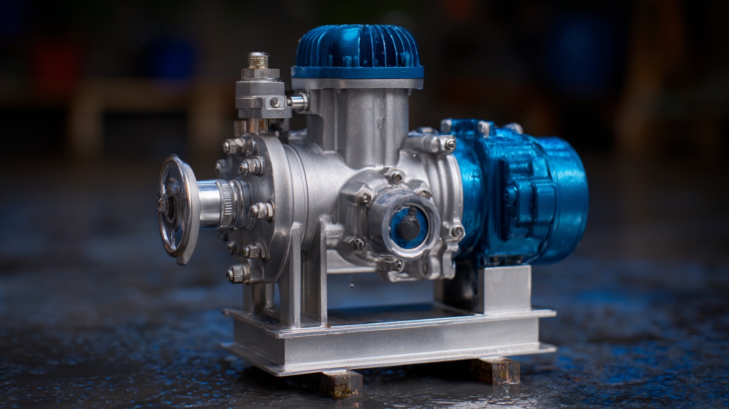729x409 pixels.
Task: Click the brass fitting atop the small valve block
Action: [258, 61]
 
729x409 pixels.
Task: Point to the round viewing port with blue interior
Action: [407, 226]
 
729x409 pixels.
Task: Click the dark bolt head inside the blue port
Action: [409, 227]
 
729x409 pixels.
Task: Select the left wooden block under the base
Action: [340, 383]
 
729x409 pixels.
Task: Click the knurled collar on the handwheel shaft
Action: [226, 203]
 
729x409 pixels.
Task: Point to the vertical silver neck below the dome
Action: [358, 120]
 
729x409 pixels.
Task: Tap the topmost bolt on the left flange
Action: [234, 146]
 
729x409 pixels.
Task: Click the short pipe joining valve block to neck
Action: [298, 102]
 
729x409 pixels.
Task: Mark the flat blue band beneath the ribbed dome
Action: [357, 73]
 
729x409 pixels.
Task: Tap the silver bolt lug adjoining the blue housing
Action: [433, 143]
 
